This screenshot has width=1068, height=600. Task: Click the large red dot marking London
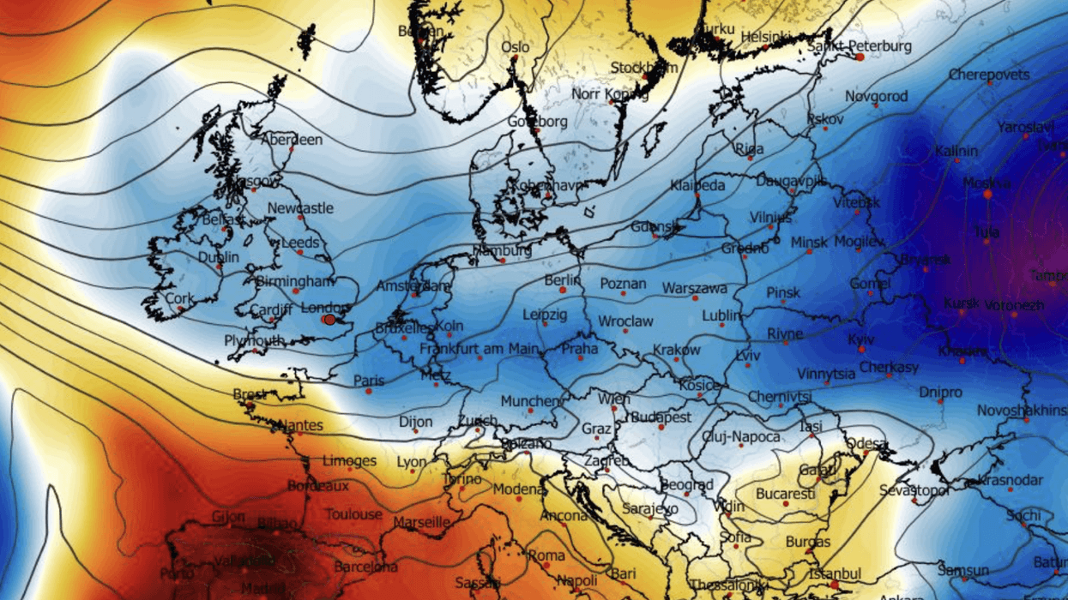[329, 320]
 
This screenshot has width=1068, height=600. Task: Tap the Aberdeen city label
[292, 139]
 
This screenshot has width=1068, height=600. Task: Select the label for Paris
[369, 381]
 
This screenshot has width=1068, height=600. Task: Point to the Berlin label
[563, 280]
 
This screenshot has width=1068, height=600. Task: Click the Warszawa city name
[695, 289]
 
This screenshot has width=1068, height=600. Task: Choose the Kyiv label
[860, 340]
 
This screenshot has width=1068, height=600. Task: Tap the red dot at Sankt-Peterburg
[860, 57]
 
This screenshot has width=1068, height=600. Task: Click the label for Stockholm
[644, 67]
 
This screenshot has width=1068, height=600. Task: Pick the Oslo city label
[516, 47]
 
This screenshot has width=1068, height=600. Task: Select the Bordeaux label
[318, 485]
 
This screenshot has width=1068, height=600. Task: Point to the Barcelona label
[365, 567]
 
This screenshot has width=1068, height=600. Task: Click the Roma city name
[546, 555]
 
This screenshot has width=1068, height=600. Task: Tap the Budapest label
[661, 417]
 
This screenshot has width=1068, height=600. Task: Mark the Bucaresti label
[786, 495]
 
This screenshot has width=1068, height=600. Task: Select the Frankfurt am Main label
[480, 349]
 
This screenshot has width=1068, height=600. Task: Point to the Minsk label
[810, 243]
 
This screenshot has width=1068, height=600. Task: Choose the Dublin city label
[219, 256]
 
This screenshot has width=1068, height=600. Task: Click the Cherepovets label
[989, 75]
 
